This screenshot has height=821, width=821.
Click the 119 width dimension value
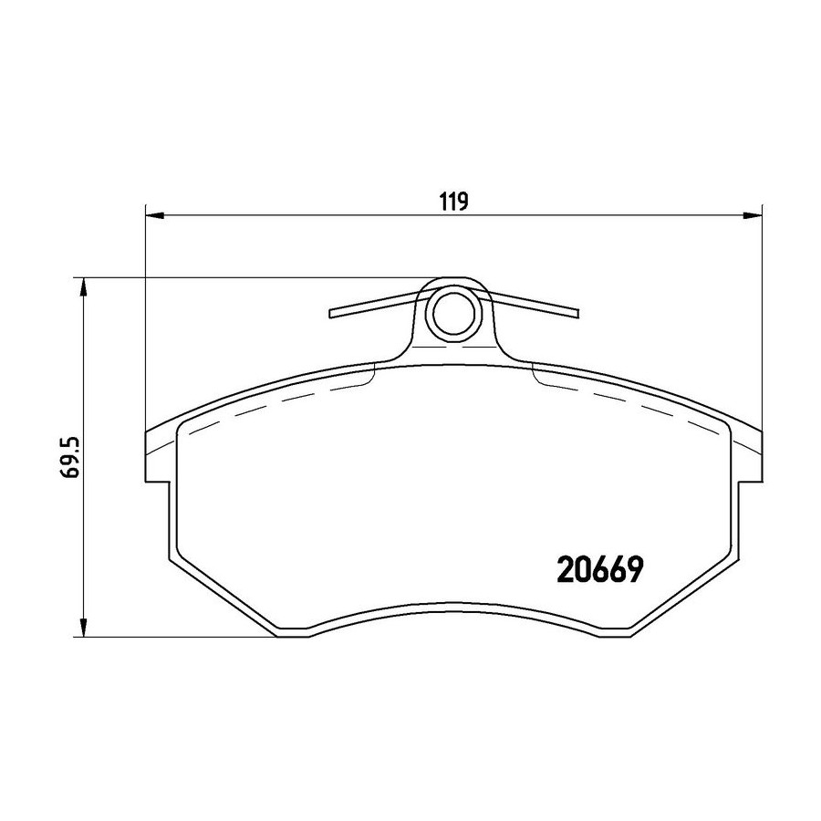pos(453,202)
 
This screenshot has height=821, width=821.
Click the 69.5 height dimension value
pos(70,456)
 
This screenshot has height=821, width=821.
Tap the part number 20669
pos(599,569)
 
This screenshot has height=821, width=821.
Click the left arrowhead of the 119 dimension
pos(154,214)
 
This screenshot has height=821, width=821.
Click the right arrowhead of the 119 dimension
pos(753,214)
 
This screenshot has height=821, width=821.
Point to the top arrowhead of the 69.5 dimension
pos(82,287)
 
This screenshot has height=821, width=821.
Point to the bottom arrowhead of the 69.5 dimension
pos(82,628)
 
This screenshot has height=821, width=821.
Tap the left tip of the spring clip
pos(331,313)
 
